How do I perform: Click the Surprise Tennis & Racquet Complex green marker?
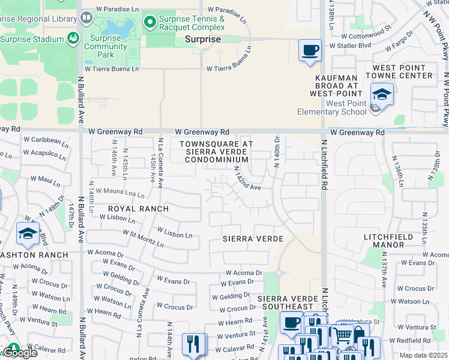(150, 22)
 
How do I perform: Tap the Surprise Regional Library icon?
(86, 18)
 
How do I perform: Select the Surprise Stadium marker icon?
(73, 39)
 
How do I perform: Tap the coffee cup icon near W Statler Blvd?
(310, 50)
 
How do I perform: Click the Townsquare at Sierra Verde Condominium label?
(216, 152)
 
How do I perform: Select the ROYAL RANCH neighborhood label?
(138, 208)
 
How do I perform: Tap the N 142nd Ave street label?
(247, 179)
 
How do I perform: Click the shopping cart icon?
(343, 334)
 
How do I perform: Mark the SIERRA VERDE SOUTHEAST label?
(291, 302)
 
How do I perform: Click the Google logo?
(20, 353)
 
